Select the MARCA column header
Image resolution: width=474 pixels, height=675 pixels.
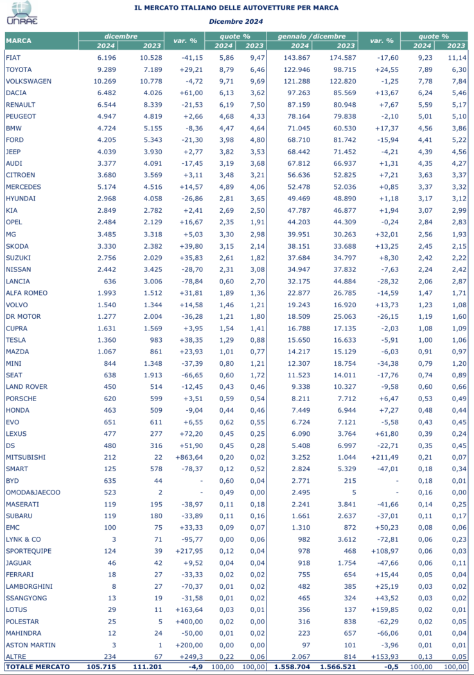click(19, 41)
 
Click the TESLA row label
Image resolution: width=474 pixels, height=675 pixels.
click(15, 339)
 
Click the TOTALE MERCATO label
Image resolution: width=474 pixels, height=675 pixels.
click(37, 668)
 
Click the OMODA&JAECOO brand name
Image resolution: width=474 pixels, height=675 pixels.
click(33, 492)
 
